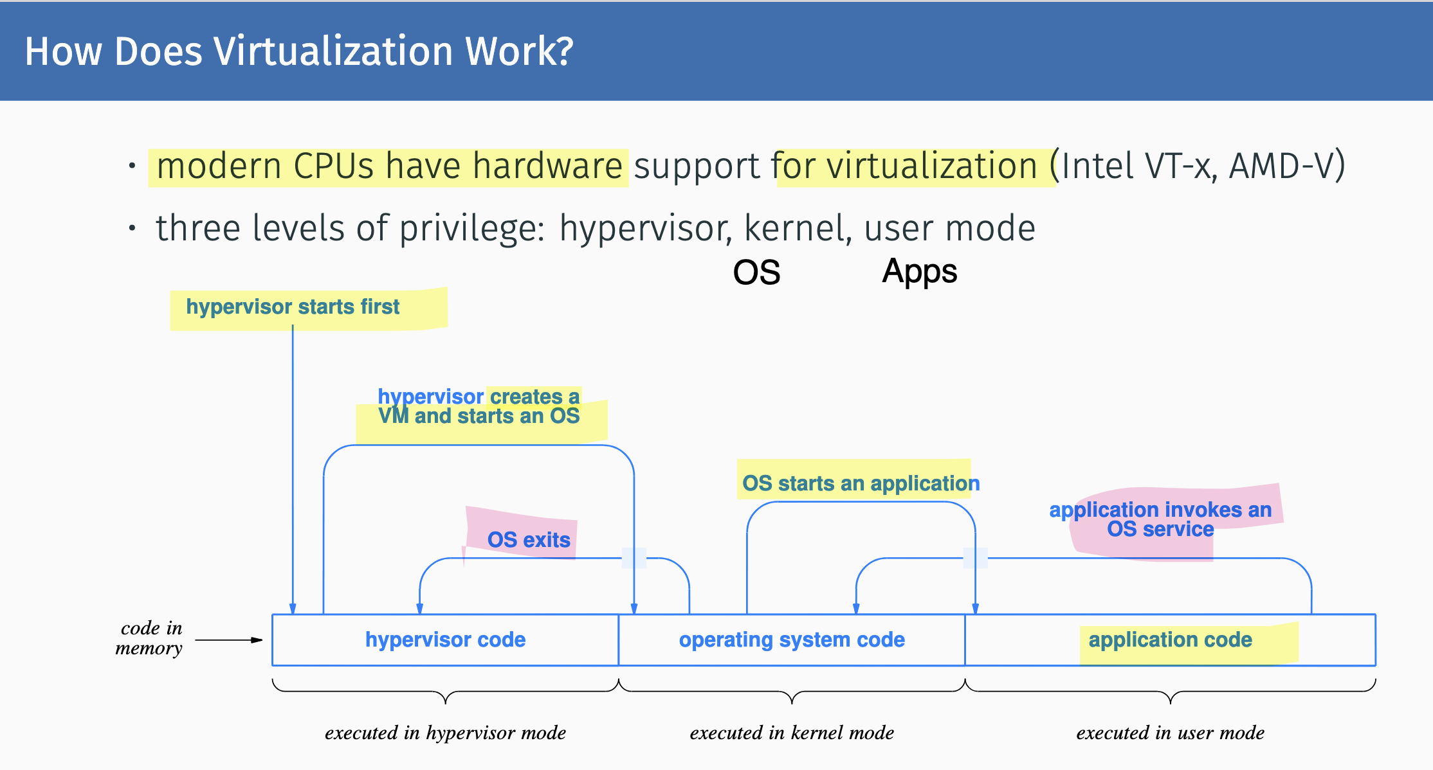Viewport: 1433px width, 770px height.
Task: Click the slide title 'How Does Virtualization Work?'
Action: pyautogui.click(x=299, y=51)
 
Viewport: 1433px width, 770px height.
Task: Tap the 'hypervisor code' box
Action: pyautogui.click(x=445, y=640)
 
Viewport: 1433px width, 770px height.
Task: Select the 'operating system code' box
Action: pyautogui.click(x=792, y=640)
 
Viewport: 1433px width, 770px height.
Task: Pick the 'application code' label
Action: pyautogui.click(x=1170, y=640)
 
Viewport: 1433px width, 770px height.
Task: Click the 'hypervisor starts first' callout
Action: pyautogui.click(x=293, y=307)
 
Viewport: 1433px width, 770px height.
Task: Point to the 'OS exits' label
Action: pyautogui.click(x=529, y=540)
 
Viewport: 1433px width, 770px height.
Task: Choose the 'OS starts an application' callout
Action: pyautogui.click(x=861, y=483)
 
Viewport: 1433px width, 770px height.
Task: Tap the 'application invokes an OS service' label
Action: pyautogui.click(x=1160, y=519)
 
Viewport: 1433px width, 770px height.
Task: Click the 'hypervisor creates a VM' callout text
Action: pyautogui.click(x=479, y=406)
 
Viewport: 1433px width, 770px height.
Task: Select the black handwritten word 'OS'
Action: pyautogui.click(x=756, y=273)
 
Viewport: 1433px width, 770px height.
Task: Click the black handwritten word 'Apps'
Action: pyautogui.click(x=919, y=272)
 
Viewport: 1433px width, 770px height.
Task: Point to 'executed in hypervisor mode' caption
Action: pyautogui.click(x=445, y=733)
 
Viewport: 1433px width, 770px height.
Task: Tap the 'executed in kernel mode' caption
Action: pyautogui.click(x=792, y=733)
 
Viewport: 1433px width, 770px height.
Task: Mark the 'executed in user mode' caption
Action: pyautogui.click(x=1170, y=733)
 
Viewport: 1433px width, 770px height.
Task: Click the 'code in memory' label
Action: pyautogui.click(x=149, y=638)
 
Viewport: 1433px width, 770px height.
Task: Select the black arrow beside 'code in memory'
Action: pyautogui.click(x=229, y=640)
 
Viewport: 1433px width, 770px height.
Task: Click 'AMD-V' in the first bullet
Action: pyautogui.click(x=1287, y=166)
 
